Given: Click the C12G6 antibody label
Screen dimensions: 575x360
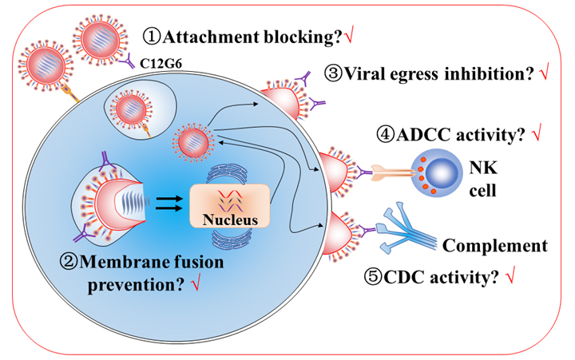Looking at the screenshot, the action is click(x=161, y=63).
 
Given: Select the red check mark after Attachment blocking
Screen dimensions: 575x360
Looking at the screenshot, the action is click(x=349, y=36).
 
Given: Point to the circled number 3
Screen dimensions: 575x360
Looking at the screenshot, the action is click(x=333, y=74).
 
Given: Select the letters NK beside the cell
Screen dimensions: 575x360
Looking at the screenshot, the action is click(x=483, y=168).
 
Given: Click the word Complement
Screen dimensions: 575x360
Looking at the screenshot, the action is click(x=495, y=246).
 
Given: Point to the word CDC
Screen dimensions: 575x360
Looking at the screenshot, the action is click(x=404, y=277).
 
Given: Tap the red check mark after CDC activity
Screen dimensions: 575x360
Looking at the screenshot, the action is click(x=510, y=275).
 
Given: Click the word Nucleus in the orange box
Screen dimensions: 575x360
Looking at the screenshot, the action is click(x=230, y=220).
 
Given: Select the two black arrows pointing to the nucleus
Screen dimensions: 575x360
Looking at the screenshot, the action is click(x=169, y=204).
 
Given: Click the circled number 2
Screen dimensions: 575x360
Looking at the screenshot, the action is click(x=69, y=262).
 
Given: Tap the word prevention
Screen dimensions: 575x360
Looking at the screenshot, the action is click(x=136, y=285).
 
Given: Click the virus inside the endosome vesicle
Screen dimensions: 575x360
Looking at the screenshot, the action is click(x=131, y=109).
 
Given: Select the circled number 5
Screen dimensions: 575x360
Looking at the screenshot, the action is click(x=373, y=277).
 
